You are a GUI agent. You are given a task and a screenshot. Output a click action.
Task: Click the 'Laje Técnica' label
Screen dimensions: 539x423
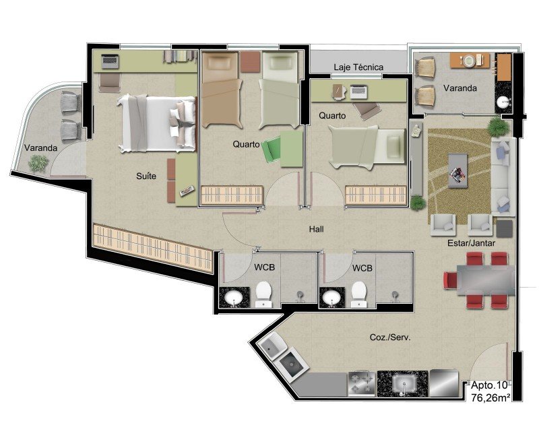(x=358, y=67)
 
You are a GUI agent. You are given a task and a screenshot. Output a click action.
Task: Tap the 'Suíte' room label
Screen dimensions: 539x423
(x=146, y=176)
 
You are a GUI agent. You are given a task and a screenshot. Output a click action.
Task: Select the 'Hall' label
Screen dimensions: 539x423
(x=316, y=229)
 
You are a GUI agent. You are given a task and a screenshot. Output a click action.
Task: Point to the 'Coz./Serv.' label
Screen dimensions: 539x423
(x=390, y=337)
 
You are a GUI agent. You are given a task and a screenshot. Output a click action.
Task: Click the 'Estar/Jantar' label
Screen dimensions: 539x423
(x=471, y=243)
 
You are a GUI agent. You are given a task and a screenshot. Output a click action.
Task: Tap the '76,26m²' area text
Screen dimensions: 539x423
(x=490, y=397)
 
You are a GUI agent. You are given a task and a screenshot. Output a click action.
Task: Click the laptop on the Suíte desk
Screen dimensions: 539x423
(x=110, y=61)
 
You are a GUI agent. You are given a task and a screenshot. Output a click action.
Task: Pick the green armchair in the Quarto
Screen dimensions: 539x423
(x=272, y=149)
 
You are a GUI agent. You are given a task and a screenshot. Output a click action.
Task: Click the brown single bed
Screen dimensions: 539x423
(x=222, y=90)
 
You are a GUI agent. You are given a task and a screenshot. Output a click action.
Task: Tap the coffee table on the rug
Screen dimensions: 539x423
(x=458, y=171)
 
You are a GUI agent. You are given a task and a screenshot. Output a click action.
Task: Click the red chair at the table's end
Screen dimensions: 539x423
(x=450, y=280)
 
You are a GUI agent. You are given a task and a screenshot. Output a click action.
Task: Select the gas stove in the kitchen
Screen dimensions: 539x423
(x=362, y=383)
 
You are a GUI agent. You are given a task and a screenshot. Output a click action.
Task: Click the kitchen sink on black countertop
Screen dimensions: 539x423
(x=404, y=383)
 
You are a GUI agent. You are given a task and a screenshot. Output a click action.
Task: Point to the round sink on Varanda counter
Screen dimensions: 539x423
(x=503, y=102)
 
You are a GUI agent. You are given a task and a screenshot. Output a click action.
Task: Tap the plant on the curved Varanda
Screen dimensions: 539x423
(x=38, y=163)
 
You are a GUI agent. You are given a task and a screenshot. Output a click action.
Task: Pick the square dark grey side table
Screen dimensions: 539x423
(x=504, y=229)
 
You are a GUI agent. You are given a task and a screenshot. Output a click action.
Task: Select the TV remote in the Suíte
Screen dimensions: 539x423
(x=187, y=191)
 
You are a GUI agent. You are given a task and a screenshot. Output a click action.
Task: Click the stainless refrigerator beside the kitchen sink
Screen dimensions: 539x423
(x=444, y=383)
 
